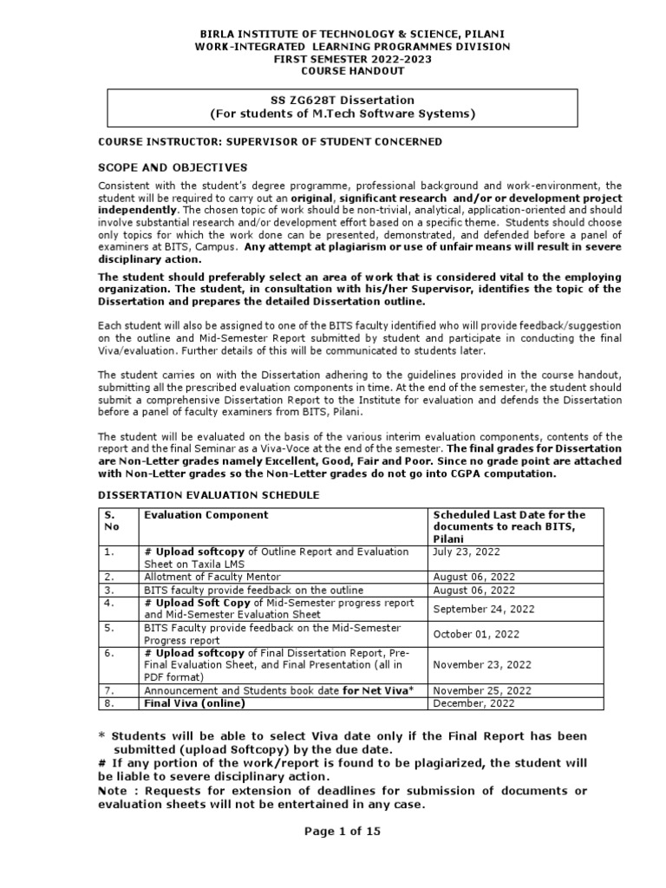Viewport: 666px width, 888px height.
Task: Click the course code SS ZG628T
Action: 302,100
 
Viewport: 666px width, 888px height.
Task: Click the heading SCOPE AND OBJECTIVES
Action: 173,166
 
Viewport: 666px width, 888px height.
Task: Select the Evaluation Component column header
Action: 206,515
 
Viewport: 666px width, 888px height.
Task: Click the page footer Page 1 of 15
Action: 342,830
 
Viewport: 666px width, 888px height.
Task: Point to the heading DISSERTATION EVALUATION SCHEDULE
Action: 208,494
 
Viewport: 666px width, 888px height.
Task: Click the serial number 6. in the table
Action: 109,652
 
